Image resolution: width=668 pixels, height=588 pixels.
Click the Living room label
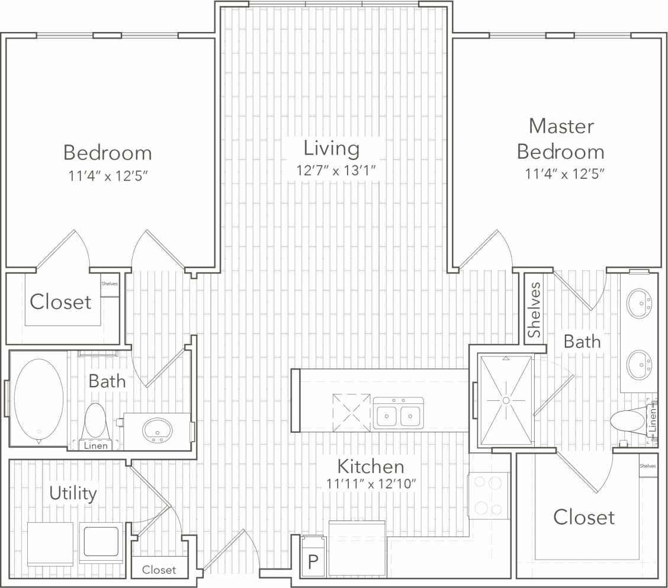point(331,148)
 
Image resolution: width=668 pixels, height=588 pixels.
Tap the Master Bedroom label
point(561,139)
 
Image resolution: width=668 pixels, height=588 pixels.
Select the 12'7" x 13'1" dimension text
point(336,171)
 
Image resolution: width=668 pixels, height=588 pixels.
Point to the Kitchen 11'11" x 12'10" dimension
point(371,484)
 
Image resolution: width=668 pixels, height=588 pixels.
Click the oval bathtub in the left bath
point(38,398)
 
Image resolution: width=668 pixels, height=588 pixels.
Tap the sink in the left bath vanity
point(156,429)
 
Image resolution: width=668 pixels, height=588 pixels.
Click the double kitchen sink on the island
point(398,414)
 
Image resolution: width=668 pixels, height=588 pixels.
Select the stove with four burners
point(489,495)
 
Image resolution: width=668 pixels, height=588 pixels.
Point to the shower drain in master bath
point(506,401)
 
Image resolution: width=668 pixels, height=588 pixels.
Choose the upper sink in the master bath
point(640,303)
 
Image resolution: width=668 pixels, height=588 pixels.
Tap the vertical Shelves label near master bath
point(535,310)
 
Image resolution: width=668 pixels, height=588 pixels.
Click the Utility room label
point(73,493)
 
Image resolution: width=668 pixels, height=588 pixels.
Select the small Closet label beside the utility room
point(159,570)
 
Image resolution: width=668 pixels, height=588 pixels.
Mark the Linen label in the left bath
point(96,445)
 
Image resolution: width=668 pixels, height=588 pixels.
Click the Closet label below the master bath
point(583,517)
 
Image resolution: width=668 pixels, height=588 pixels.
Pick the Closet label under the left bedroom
point(60,302)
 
